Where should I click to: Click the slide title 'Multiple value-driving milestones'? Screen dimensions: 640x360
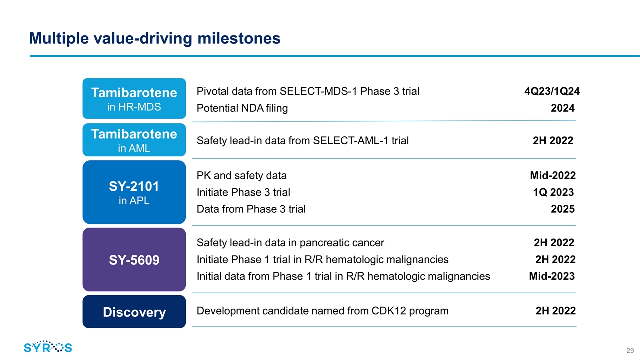(x=155, y=39)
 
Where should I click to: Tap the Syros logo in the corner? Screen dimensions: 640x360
(x=48, y=347)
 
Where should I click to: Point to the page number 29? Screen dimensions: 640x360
(x=630, y=350)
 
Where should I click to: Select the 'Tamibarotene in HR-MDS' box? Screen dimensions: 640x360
(x=134, y=98)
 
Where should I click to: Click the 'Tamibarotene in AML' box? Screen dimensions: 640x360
(x=134, y=140)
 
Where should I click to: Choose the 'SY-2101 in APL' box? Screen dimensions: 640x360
(x=134, y=192)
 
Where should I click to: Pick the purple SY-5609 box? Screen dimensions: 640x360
(x=134, y=259)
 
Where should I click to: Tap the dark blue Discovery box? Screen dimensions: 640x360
(x=134, y=312)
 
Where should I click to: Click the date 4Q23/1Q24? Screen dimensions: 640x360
(x=552, y=91)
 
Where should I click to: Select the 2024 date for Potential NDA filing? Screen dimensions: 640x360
(x=563, y=108)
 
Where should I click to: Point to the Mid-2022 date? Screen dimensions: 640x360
(x=553, y=175)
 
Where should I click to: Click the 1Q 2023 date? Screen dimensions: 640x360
(x=553, y=192)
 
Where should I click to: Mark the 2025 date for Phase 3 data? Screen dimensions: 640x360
(x=563, y=209)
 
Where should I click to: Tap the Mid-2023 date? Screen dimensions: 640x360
(x=552, y=276)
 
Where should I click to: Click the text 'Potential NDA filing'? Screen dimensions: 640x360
(x=242, y=108)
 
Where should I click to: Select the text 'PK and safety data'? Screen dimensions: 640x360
(x=241, y=175)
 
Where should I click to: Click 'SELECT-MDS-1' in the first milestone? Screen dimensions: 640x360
(x=318, y=91)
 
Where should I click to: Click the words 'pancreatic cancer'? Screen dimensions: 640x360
(x=342, y=243)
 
